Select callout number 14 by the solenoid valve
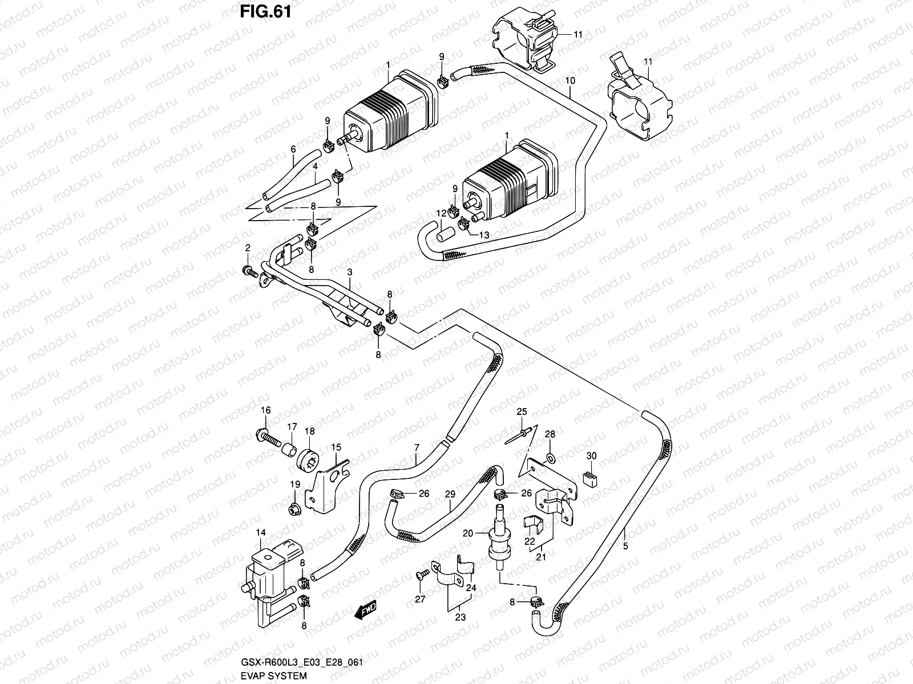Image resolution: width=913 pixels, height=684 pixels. tap(260, 533)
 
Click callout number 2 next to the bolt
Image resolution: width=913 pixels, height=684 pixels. tap(248, 247)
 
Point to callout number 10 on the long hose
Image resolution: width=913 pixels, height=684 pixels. tap(569, 81)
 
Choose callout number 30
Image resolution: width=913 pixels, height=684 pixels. tap(592, 456)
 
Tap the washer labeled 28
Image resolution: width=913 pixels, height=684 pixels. tap(550, 458)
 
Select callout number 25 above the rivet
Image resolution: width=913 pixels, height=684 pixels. tap(520, 412)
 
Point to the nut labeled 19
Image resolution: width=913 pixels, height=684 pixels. tap(295, 506)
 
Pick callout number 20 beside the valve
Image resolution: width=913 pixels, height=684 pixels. tap(468, 533)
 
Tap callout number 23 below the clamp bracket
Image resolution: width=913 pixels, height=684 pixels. tap(460, 617)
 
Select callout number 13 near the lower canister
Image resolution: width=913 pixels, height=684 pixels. tap(483, 235)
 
